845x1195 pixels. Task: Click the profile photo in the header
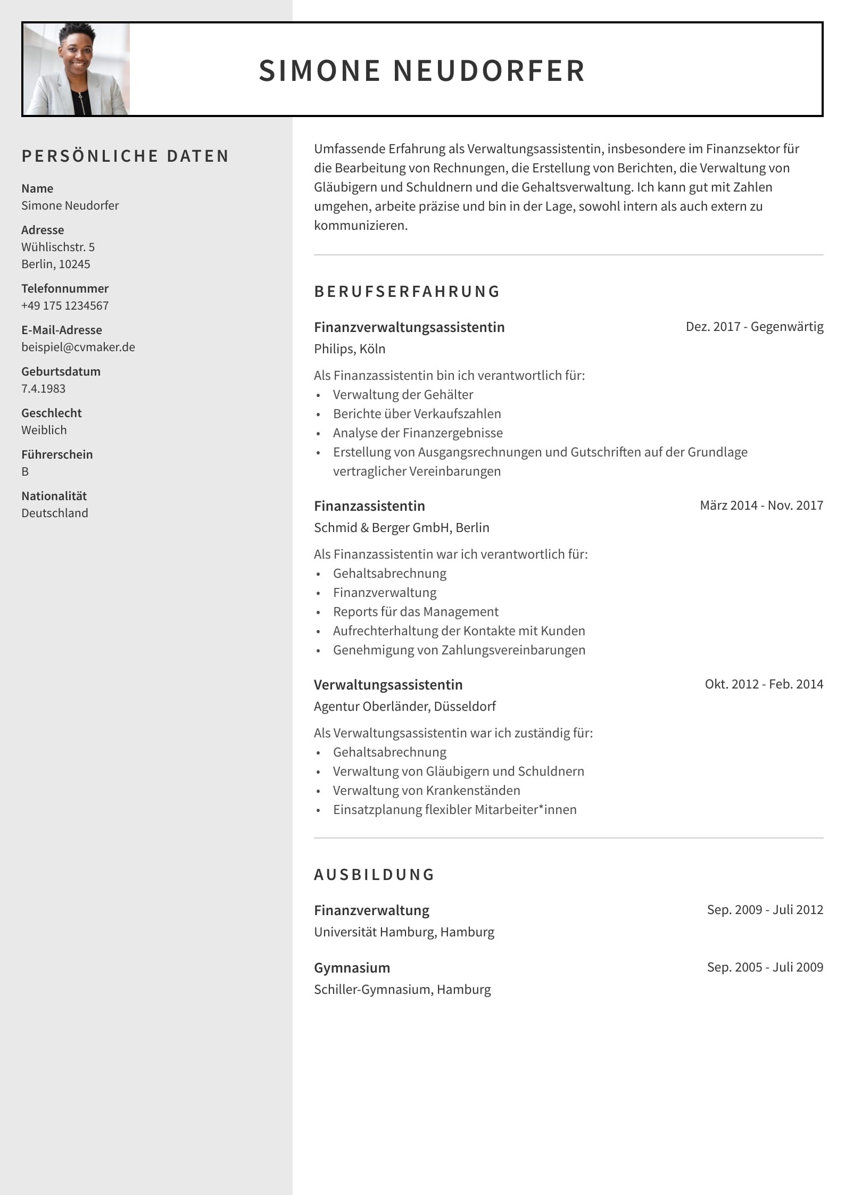coord(77,69)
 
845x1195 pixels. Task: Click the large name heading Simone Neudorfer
coord(422,70)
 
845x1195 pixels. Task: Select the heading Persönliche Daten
coord(125,156)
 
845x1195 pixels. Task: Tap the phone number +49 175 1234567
coord(65,305)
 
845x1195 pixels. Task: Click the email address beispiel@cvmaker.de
coord(78,347)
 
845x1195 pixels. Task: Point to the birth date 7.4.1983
coord(44,388)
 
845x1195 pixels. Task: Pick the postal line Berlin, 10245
coord(56,264)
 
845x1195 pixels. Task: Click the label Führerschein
coord(57,454)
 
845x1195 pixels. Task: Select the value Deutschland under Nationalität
coord(55,513)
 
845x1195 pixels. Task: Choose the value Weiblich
coord(44,430)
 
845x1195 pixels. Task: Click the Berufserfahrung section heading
coord(407,292)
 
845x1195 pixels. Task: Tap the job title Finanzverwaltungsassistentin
coord(409,327)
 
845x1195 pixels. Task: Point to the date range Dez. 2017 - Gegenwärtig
coord(754,327)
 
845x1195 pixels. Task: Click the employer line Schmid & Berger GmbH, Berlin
coord(402,527)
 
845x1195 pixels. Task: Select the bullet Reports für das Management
coord(416,611)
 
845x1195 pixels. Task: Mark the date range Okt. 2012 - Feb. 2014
coord(764,684)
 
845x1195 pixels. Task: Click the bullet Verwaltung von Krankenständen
coord(426,790)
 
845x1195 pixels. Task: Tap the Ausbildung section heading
coord(374,875)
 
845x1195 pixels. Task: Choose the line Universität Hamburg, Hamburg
coord(404,932)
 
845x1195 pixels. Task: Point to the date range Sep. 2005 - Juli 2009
coord(765,967)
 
